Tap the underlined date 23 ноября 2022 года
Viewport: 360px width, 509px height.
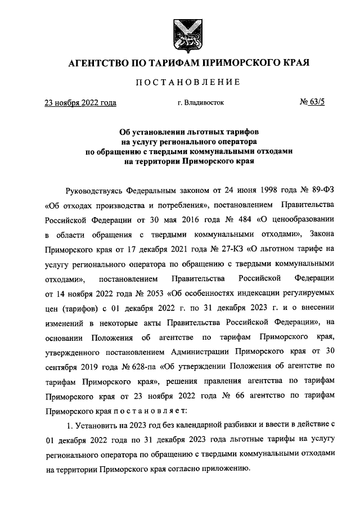point(80,103)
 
